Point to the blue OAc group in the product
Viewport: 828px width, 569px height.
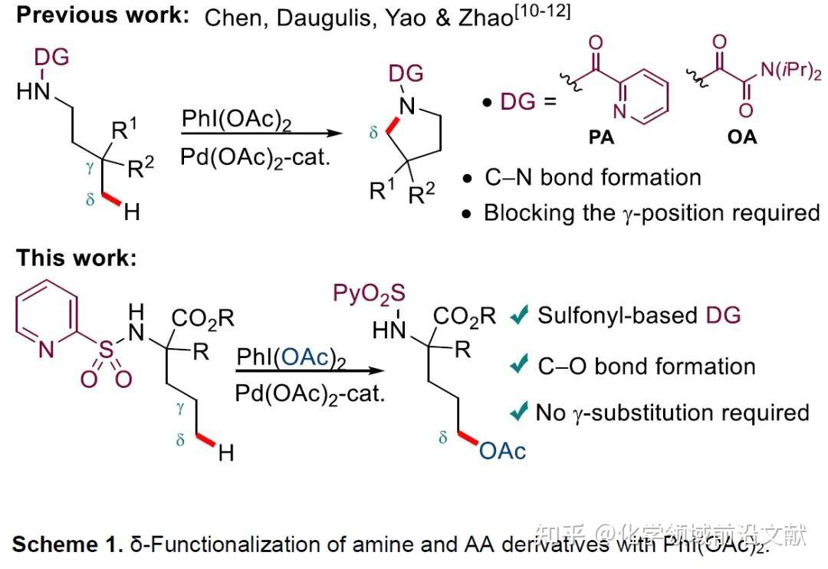pyautogui.click(x=503, y=451)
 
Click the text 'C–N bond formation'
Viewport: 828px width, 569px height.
pyautogui.click(x=592, y=178)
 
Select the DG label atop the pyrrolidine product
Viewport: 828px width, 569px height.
pyautogui.click(x=406, y=74)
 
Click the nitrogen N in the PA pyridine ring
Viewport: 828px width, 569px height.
pyautogui.click(x=619, y=112)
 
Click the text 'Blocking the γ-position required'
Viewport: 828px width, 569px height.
pyautogui.click(x=651, y=212)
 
